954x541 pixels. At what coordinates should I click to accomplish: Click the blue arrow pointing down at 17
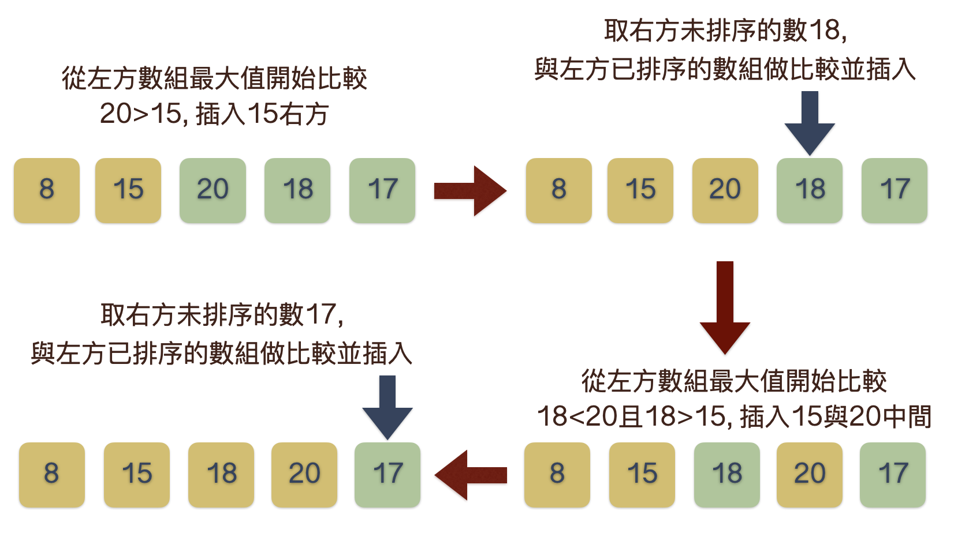click(x=387, y=407)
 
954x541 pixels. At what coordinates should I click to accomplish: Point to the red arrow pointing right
click(x=469, y=190)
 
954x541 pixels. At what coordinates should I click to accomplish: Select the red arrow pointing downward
click(x=725, y=307)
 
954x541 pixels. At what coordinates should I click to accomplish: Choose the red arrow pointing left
click(x=470, y=475)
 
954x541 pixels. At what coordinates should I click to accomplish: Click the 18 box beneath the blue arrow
click(x=810, y=190)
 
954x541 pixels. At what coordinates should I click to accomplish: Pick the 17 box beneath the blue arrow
click(x=387, y=475)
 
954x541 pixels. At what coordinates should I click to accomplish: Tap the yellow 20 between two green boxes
click(x=810, y=475)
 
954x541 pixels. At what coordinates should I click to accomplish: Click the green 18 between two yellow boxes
click(x=727, y=475)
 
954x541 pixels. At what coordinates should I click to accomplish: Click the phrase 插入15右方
click(x=263, y=114)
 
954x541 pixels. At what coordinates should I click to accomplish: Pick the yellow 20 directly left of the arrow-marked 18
click(x=725, y=190)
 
